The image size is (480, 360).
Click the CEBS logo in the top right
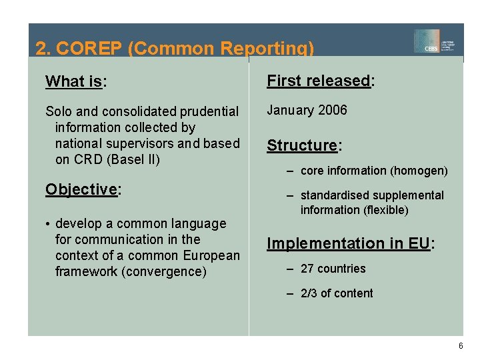437,41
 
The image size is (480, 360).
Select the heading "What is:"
76,82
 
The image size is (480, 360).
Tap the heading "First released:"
321,81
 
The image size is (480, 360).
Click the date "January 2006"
307,110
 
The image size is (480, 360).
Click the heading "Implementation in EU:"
351,244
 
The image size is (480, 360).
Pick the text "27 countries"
333,269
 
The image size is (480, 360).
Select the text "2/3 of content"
337,293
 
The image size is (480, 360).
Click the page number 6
460,346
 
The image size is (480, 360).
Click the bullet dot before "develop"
48,224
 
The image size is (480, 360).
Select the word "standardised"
334,195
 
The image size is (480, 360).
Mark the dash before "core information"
291,171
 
